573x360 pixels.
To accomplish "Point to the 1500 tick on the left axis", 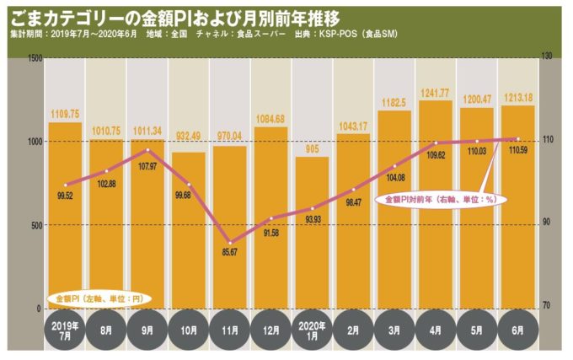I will (35, 57).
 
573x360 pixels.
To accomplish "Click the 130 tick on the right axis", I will (547, 57).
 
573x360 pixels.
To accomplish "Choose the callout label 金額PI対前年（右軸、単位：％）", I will (438, 200).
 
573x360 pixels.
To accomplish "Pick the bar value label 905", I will (312, 148).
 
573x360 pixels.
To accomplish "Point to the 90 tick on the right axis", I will (545, 223).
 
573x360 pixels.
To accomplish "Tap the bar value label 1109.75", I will (64, 114).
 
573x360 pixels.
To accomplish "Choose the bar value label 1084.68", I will (270, 118).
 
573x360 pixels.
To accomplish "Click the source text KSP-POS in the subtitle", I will (336, 34).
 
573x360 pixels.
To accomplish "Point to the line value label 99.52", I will (64, 195).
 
